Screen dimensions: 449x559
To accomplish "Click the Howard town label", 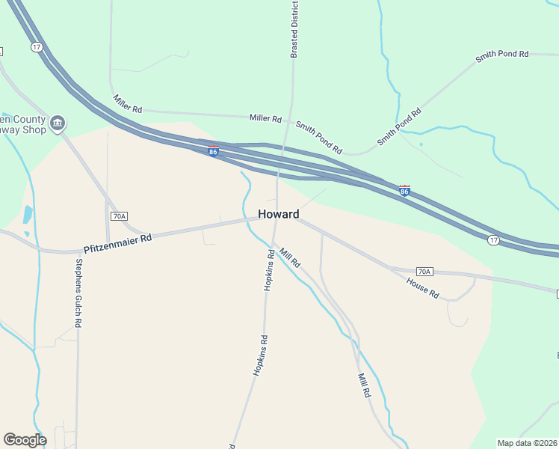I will coord(279,214).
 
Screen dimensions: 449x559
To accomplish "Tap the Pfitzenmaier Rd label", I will coord(117,241).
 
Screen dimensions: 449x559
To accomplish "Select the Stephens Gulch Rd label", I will coord(78,293).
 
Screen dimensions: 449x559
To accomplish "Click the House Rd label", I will coord(422,288).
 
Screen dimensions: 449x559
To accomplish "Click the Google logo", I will coord(25,440).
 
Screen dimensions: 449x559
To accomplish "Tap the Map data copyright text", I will coord(528,443).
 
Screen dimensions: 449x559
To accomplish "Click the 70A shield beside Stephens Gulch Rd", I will coord(118,216).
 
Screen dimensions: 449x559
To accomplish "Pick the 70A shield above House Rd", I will coord(424,271).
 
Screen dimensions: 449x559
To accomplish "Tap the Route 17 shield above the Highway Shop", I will coord(37,47).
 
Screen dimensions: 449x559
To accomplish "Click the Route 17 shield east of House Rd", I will coord(492,239).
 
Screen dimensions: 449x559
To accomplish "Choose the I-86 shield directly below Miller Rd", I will coord(214,151).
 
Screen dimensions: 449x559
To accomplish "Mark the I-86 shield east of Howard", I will coord(404,191).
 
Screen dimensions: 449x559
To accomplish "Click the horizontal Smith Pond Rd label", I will coord(502,55).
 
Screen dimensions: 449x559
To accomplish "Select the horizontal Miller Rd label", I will coord(265,118).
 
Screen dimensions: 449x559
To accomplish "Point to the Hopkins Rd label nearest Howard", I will coord(269,270).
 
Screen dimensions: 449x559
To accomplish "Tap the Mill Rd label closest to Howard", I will coord(290,258).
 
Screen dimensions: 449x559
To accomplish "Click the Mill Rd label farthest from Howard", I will coord(364,385).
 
